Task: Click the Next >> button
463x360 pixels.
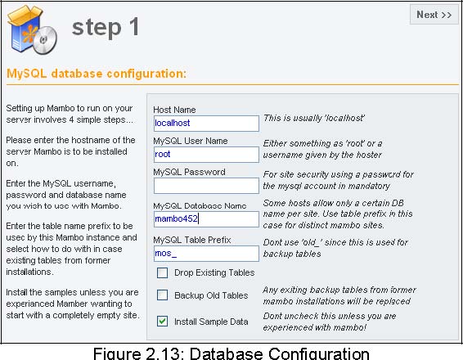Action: pos(434,15)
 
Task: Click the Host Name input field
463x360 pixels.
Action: pos(206,124)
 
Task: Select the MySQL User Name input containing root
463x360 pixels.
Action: pos(206,154)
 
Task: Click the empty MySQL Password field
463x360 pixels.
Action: pos(206,186)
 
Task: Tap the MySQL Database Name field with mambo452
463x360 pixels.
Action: pos(206,219)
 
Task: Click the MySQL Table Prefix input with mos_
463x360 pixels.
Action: pos(206,254)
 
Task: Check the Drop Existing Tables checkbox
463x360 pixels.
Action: pos(163,272)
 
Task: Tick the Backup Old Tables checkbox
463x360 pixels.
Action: pos(163,295)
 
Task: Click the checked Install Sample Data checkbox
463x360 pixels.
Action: pos(163,321)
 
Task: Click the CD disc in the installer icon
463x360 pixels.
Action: pos(45,40)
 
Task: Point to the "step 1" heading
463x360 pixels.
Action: pos(106,27)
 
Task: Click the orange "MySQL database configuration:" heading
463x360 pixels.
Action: pos(97,74)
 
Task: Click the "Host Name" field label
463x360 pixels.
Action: pos(174,110)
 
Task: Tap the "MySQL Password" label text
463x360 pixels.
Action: pos(189,172)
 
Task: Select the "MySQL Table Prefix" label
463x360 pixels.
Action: pos(192,240)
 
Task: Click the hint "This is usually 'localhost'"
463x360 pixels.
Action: pos(314,118)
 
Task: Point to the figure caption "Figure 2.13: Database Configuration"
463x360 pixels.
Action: pos(231,353)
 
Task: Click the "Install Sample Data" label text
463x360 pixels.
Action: pos(211,322)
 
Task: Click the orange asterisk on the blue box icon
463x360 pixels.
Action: pos(29,34)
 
